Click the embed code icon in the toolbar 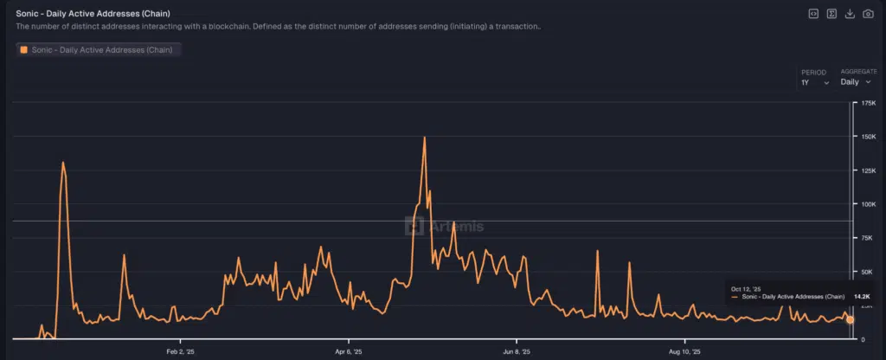tap(814, 14)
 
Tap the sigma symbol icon tap(831, 14)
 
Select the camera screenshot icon tap(868, 14)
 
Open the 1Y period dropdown tap(815, 82)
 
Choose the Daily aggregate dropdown tap(856, 82)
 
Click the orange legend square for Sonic tap(23, 50)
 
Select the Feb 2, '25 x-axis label tap(180, 352)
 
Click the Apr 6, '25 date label tap(348, 352)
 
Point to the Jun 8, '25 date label tap(517, 352)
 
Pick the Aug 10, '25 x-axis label tap(685, 352)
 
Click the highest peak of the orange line tap(424, 138)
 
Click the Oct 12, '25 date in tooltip tap(746, 288)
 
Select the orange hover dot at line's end tap(850, 320)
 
